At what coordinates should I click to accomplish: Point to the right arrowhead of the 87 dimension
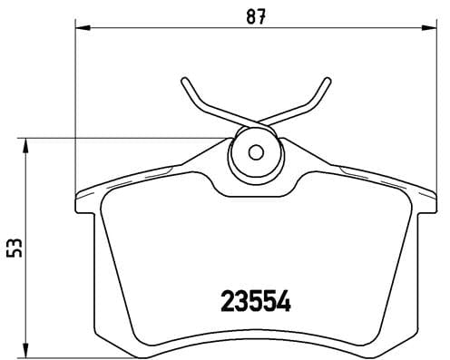pos(426,31)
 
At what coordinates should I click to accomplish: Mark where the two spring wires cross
pos(255,125)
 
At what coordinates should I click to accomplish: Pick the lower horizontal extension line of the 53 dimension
pos(54,355)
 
